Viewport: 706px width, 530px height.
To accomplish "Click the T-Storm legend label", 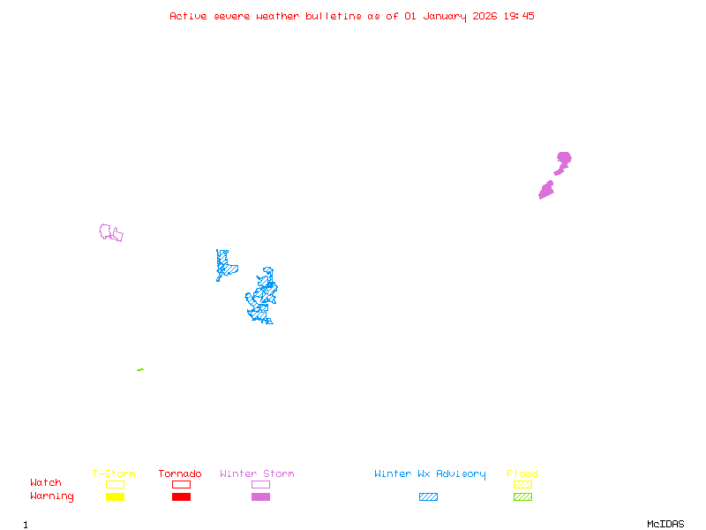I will (x=114, y=474).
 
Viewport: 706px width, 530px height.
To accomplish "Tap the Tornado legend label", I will (x=180, y=474).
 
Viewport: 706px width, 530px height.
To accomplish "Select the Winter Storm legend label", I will (x=257, y=474).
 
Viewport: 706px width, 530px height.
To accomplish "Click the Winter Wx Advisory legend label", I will (x=430, y=474).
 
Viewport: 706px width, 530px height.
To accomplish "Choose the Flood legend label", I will (x=522, y=474).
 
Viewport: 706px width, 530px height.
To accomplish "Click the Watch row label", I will (x=46, y=483).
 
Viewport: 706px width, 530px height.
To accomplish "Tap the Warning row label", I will (x=52, y=496).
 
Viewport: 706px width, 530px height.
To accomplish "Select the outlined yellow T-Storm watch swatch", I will (x=115, y=484).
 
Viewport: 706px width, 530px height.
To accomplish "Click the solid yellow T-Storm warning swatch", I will (x=115, y=496).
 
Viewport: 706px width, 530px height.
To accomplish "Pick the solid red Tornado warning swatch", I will (x=181, y=496).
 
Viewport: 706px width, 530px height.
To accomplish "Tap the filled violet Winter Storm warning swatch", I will (x=260, y=496).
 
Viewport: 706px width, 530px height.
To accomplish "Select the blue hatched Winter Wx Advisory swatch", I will (x=428, y=496).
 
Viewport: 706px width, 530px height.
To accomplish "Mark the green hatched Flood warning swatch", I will (x=522, y=496).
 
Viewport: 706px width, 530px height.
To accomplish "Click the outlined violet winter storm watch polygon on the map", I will (x=111, y=233).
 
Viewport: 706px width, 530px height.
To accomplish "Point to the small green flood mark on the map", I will (x=140, y=369).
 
